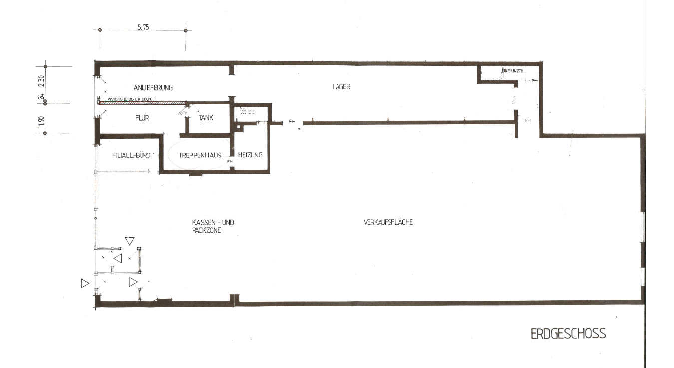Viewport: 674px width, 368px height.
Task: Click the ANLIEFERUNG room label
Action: click(156, 88)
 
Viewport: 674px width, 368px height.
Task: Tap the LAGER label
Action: click(341, 86)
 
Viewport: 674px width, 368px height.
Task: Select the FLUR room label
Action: click(142, 118)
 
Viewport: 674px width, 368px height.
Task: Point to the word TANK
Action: click(206, 118)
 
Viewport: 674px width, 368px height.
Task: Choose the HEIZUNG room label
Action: click(250, 155)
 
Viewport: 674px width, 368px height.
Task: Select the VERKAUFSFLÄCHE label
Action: click(388, 223)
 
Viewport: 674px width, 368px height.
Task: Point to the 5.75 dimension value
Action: click(143, 27)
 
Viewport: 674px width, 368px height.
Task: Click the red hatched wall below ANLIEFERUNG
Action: click(142, 103)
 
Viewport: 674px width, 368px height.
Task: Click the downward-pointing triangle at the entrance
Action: click(130, 241)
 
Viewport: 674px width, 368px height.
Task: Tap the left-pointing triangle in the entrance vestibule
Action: click(118, 258)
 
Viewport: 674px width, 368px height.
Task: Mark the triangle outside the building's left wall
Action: click(84, 283)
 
